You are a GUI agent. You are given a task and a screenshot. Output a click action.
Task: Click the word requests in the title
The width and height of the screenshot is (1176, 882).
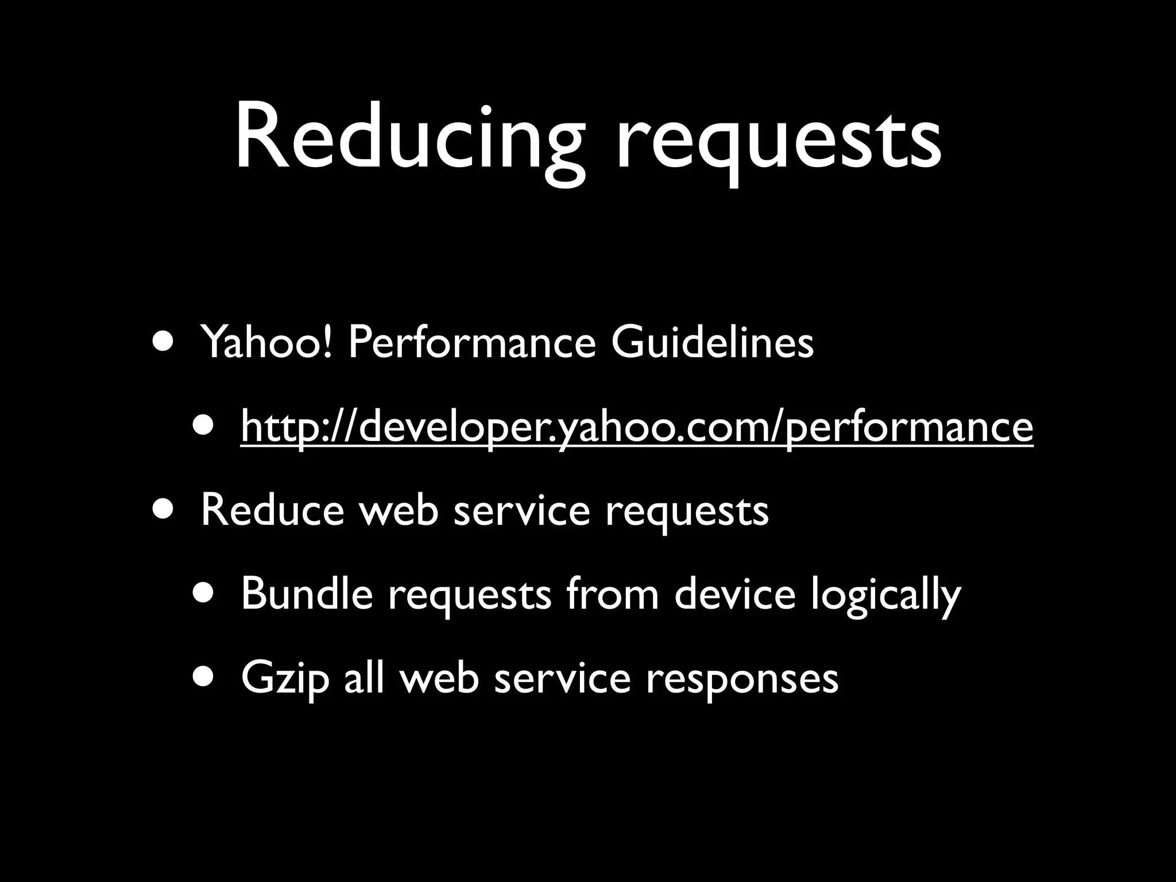(x=778, y=141)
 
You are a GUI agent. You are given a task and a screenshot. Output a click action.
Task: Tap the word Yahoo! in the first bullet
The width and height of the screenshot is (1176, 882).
(x=266, y=342)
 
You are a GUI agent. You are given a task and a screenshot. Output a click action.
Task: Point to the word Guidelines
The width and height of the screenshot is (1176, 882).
(x=712, y=342)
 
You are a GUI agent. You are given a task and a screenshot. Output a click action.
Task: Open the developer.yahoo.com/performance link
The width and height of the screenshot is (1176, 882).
(x=637, y=427)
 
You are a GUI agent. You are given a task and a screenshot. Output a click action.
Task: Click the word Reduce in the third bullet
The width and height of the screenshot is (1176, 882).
(x=272, y=510)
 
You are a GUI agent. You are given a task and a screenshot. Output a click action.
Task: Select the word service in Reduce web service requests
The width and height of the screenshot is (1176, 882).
(x=521, y=510)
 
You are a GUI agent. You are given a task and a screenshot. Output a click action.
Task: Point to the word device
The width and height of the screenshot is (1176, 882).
(x=734, y=594)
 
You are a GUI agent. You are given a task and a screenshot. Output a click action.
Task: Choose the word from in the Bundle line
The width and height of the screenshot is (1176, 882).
(x=612, y=594)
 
